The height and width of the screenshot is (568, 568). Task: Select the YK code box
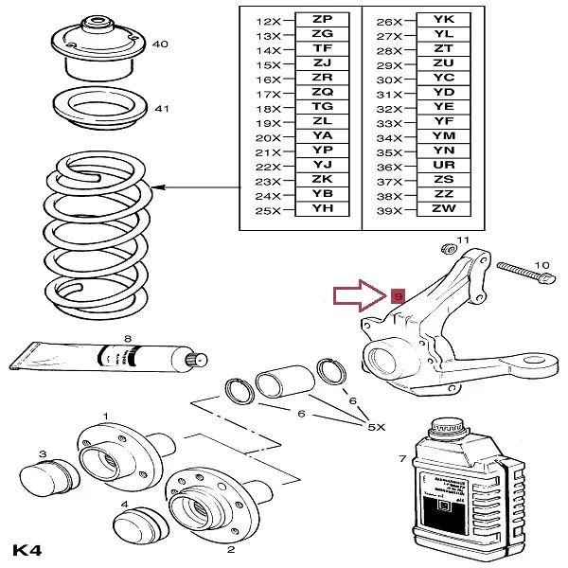click(443, 19)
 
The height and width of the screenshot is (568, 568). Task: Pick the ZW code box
click(443, 207)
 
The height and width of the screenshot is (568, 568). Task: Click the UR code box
click(443, 165)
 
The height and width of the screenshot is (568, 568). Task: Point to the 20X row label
click(269, 136)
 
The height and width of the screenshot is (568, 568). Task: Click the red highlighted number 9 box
click(398, 296)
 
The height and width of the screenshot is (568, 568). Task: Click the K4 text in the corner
click(27, 550)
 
